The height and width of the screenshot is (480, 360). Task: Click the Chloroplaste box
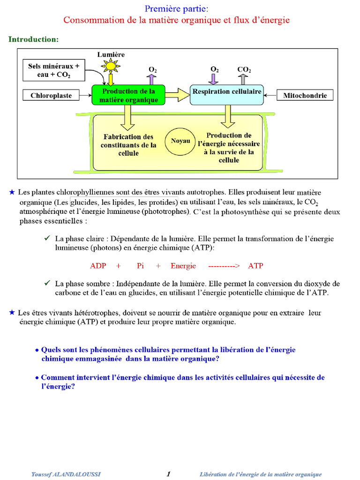point(52,96)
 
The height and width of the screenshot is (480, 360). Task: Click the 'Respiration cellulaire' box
point(227,92)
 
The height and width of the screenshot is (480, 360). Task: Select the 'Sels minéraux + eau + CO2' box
point(54,70)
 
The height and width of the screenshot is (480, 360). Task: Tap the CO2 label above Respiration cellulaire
point(244,70)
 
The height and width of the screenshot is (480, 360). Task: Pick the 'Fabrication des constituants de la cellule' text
point(128,145)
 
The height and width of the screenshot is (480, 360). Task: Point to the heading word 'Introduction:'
point(33,39)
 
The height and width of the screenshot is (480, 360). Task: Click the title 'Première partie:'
point(177,8)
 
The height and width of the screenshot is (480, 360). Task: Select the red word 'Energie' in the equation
point(183,266)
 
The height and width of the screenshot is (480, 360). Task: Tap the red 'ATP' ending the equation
point(256,266)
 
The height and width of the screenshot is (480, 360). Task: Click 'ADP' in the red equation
point(98,266)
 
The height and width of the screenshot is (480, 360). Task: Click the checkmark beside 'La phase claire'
point(47,239)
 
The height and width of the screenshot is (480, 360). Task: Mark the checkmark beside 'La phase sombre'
point(47,283)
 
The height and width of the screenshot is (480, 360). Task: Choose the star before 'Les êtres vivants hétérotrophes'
point(12,312)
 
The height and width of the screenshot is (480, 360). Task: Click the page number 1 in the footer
point(168,474)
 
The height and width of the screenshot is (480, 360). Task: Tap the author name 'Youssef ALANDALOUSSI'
point(66,474)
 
